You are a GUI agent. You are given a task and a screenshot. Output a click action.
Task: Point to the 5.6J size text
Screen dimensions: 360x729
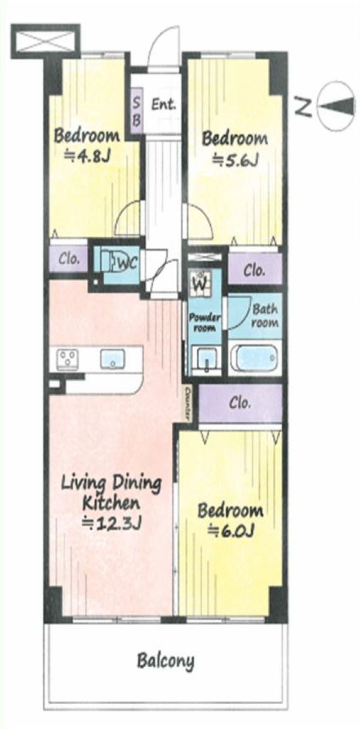pyautogui.click(x=235, y=160)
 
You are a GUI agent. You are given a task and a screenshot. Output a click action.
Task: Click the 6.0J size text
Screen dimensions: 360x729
pyautogui.click(x=231, y=531)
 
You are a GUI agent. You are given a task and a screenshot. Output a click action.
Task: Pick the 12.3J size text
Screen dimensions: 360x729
pyautogui.click(x=111, y=523)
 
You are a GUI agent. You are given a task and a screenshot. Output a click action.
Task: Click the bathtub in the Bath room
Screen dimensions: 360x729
pyautogui.click(x=254, y=357)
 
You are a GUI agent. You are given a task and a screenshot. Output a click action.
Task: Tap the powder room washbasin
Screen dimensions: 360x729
pyautogui.click(x=205, y=359)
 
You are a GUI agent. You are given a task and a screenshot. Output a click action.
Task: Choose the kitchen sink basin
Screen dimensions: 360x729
pyautogui.click(x=112, y=359)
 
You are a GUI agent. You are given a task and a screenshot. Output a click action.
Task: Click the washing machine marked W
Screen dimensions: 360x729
pyautogui.click(x=201, y=284)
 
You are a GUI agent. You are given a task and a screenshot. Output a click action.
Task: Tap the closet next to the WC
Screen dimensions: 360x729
pyautogui.click(x=69, y=260)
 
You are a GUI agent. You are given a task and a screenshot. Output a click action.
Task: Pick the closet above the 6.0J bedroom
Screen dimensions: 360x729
pyautogui.click(x=240, y=403)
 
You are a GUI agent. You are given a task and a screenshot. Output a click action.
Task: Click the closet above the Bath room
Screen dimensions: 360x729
pyautogui.click(x=255, y=269)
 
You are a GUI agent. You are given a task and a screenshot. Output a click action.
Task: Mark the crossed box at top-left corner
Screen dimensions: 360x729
pyautogui.click(x=46, y=41)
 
